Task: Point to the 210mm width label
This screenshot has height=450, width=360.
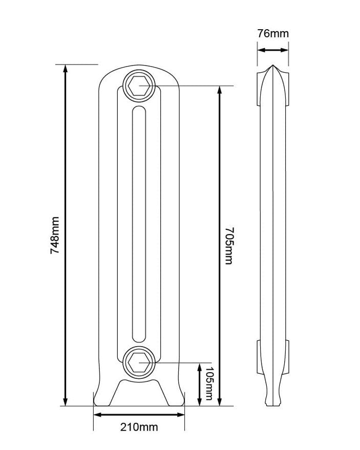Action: tap(139, 426)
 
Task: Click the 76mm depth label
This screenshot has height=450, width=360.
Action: tap(272, 34)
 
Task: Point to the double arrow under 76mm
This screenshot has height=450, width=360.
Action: tap(272, 50)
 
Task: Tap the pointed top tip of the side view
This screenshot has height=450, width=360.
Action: tap(272, 67)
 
